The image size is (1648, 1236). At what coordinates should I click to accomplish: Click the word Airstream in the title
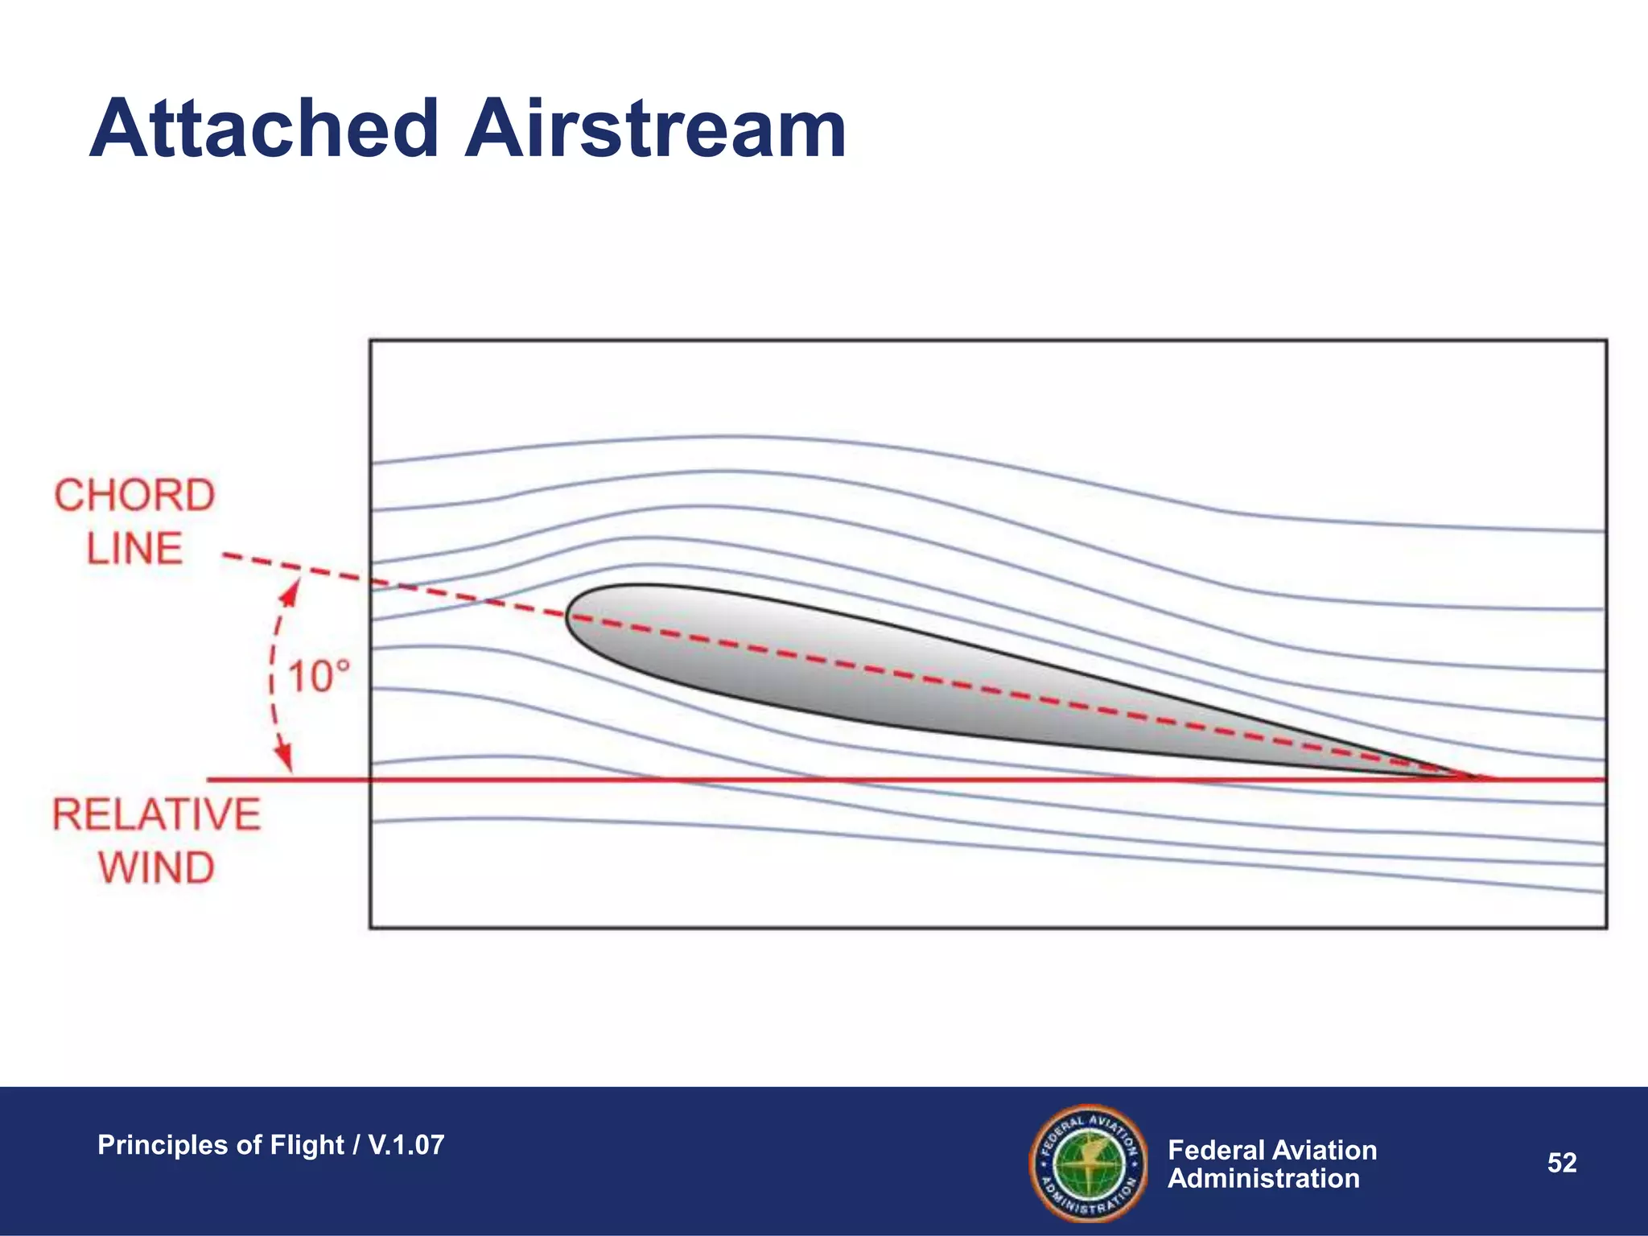pyautogui.click(x=655, y=129)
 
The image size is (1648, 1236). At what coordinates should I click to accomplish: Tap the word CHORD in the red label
pyautogui.click(x=134, y=495)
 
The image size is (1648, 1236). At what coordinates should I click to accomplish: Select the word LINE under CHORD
pyautogui.click(x=134, y=549)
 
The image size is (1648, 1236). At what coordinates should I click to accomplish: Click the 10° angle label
pyautogui.click(x=319, y=676)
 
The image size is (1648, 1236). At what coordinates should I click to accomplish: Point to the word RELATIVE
pyautogui.click(x=157, y=814)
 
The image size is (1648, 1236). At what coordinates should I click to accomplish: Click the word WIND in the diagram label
pyautogui.click(x=157, y=867)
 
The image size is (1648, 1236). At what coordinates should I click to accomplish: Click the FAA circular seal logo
pyautogui.click(x=1088, y=1163)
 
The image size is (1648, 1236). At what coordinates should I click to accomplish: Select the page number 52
pyautogui.click(x=1562, y=1163)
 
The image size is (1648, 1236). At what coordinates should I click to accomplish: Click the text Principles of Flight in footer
pyautogui.click(x=220, y=1145)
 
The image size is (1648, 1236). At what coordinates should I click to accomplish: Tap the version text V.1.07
pyautogui.click(x=406, y=1145)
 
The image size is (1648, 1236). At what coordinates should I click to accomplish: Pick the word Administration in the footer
pyautogui.click(x=1263, y=1179)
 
